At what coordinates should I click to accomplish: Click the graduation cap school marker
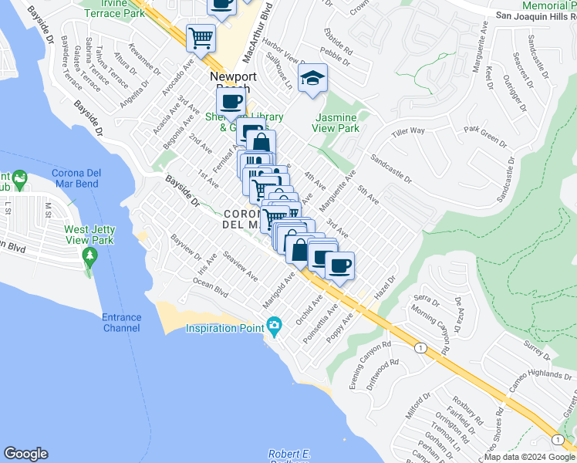pos(313,79)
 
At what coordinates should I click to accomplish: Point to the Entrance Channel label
pos(122,323)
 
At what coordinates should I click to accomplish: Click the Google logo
pos(25,454)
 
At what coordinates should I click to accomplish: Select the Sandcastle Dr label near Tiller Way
pos(391,169)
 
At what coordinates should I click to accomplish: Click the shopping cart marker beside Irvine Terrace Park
pos(201,36)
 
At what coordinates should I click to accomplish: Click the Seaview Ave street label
pos(240,265)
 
